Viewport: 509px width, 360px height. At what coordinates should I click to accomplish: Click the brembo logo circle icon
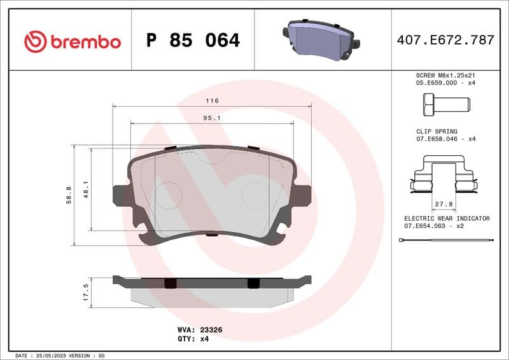tap(36, 42)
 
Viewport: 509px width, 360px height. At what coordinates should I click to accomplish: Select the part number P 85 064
tap(193, 41)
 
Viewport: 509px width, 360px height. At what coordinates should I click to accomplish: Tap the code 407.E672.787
tap(445, 40)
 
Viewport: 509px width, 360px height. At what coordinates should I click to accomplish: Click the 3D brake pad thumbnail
tap(322, 39)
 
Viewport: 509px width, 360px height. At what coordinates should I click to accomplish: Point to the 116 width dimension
tap(212, 101)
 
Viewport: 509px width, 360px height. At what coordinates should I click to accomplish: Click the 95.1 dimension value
tap(212, 118)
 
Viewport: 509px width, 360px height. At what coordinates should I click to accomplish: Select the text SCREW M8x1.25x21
tap(445, 74)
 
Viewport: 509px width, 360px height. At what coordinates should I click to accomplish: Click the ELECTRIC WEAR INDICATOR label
tap(447, 218)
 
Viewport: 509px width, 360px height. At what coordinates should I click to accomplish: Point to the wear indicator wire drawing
tap(445, 240)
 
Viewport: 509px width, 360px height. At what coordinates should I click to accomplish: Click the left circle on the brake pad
tap(169, 195)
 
